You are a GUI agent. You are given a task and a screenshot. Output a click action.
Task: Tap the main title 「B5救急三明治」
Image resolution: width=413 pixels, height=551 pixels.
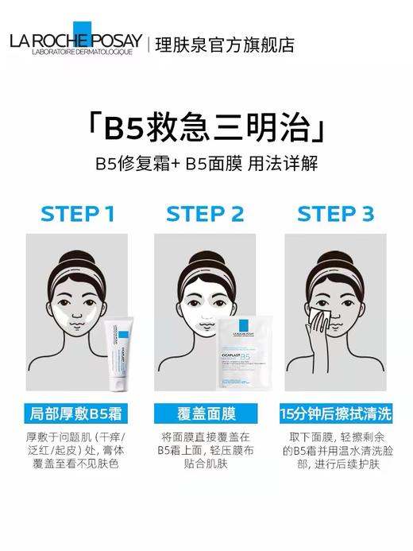206,127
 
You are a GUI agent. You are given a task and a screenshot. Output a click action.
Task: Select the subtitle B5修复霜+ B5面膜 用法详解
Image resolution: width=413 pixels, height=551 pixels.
206,165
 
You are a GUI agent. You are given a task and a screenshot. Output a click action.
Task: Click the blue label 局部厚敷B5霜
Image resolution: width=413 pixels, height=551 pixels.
78,413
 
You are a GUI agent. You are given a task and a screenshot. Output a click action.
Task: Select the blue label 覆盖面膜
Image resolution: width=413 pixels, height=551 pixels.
206,413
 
